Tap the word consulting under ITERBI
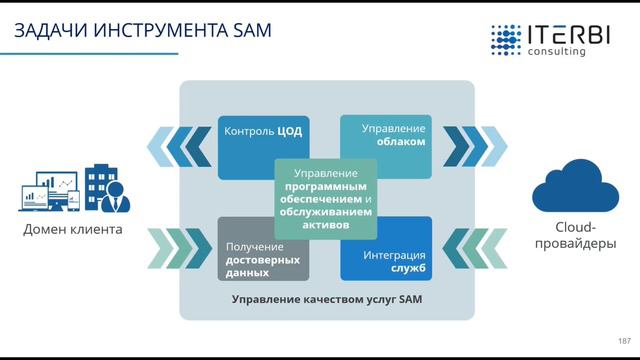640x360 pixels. tap(557, 52)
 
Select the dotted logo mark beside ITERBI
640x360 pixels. tap(505, 39)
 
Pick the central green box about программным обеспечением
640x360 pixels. tap(326, 198)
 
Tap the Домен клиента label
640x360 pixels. tap(72, 230)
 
